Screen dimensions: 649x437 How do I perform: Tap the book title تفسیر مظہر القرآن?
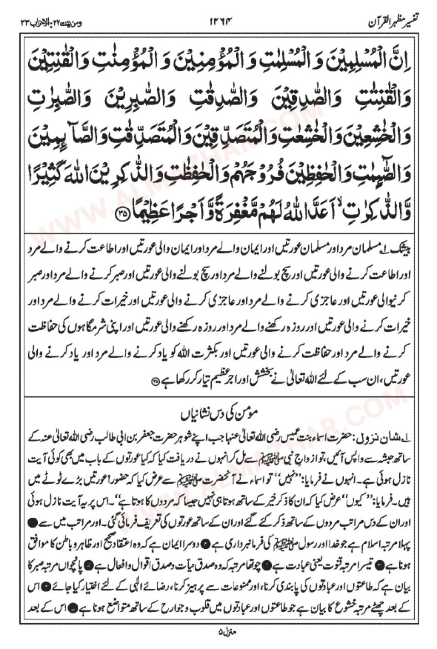391,20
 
